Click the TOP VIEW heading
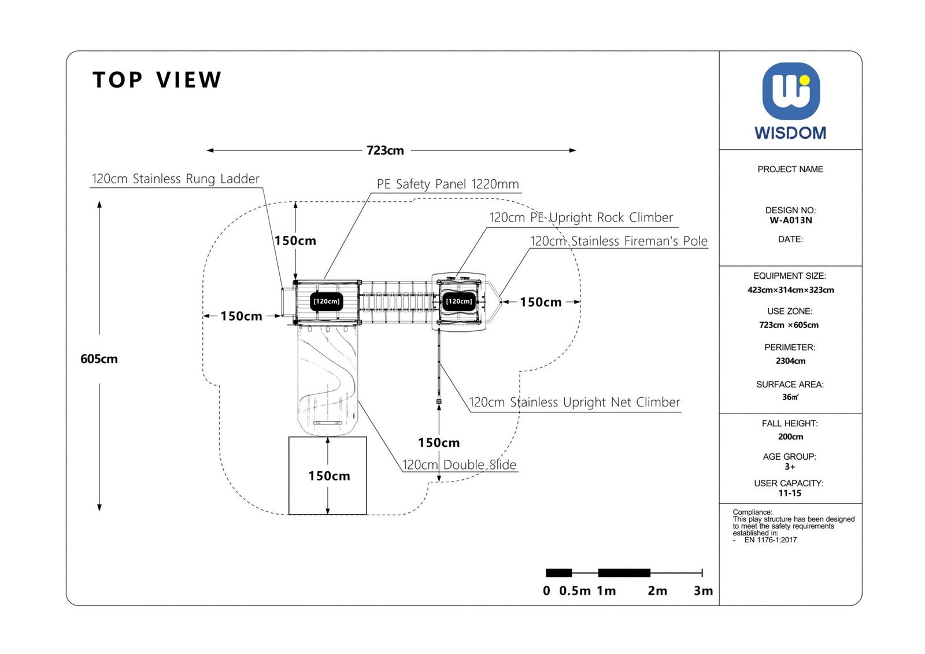tap(157, 80)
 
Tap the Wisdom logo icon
tap(790, 91)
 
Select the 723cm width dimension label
tap(385, 150)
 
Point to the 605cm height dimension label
tap(99, 359)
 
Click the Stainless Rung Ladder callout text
tap(176, 179)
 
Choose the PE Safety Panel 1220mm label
tap(447, 184)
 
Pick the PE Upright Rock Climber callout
tap(581, 217)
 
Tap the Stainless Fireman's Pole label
tap(619, 241)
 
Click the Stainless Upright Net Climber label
tap(574, 402)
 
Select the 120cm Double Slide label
tap(459, 464)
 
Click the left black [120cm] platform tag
tap(327, 301)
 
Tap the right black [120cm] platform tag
tap(459, 301)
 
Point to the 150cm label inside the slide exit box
tap(329, 476)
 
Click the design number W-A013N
tap(790, 220)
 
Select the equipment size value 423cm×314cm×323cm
tap(790, 290)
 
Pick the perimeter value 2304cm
tap(790, 361)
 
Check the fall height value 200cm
tap(790, 437)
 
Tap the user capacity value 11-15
tap(790, 493)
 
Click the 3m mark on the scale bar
tap(703, 590)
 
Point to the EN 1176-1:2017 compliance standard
tap(770, 540)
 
